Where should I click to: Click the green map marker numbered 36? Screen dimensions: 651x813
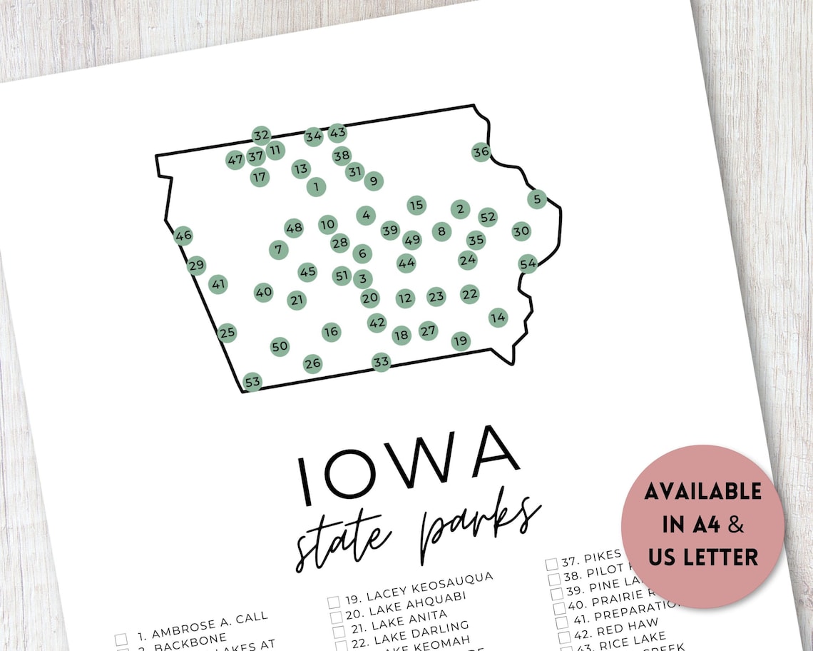coord(481,151)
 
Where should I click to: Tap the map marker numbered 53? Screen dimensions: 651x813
coord(252,382)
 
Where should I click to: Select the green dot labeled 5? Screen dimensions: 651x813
coord(537,199)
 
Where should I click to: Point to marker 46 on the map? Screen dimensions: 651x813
coord(183,235)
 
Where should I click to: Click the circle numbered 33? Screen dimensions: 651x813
coord(382,362)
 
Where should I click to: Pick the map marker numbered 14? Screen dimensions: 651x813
coord(498,317)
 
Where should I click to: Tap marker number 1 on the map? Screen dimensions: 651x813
coord(316,187)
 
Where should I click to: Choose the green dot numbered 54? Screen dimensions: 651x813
coord(528,264)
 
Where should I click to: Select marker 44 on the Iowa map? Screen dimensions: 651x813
coord(406,263)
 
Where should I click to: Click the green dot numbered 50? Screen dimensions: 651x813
coord(280,346)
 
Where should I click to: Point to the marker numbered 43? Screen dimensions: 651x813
coord(337,133)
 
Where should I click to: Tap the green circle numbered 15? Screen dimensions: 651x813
coord(416,206)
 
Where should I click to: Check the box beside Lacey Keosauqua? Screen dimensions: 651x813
coord(334,602)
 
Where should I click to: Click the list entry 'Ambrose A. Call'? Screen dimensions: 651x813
coord(203,615)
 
